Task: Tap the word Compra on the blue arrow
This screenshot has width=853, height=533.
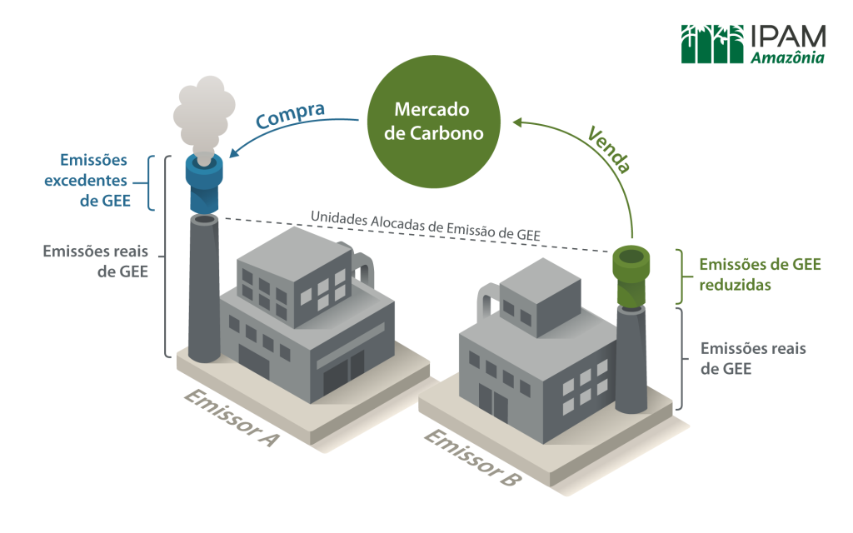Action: click(x=290, y=115)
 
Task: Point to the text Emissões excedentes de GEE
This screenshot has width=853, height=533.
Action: click(x=93, y=179)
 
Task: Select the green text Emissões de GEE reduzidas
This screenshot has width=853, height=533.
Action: click(x=759, y=274)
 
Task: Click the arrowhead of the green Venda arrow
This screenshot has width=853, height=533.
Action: click(x=518, y=122)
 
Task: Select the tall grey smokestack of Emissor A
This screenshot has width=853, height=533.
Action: click(x=203, y=291)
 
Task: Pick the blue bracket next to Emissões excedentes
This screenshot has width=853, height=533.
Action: click(x=152, y=182)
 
